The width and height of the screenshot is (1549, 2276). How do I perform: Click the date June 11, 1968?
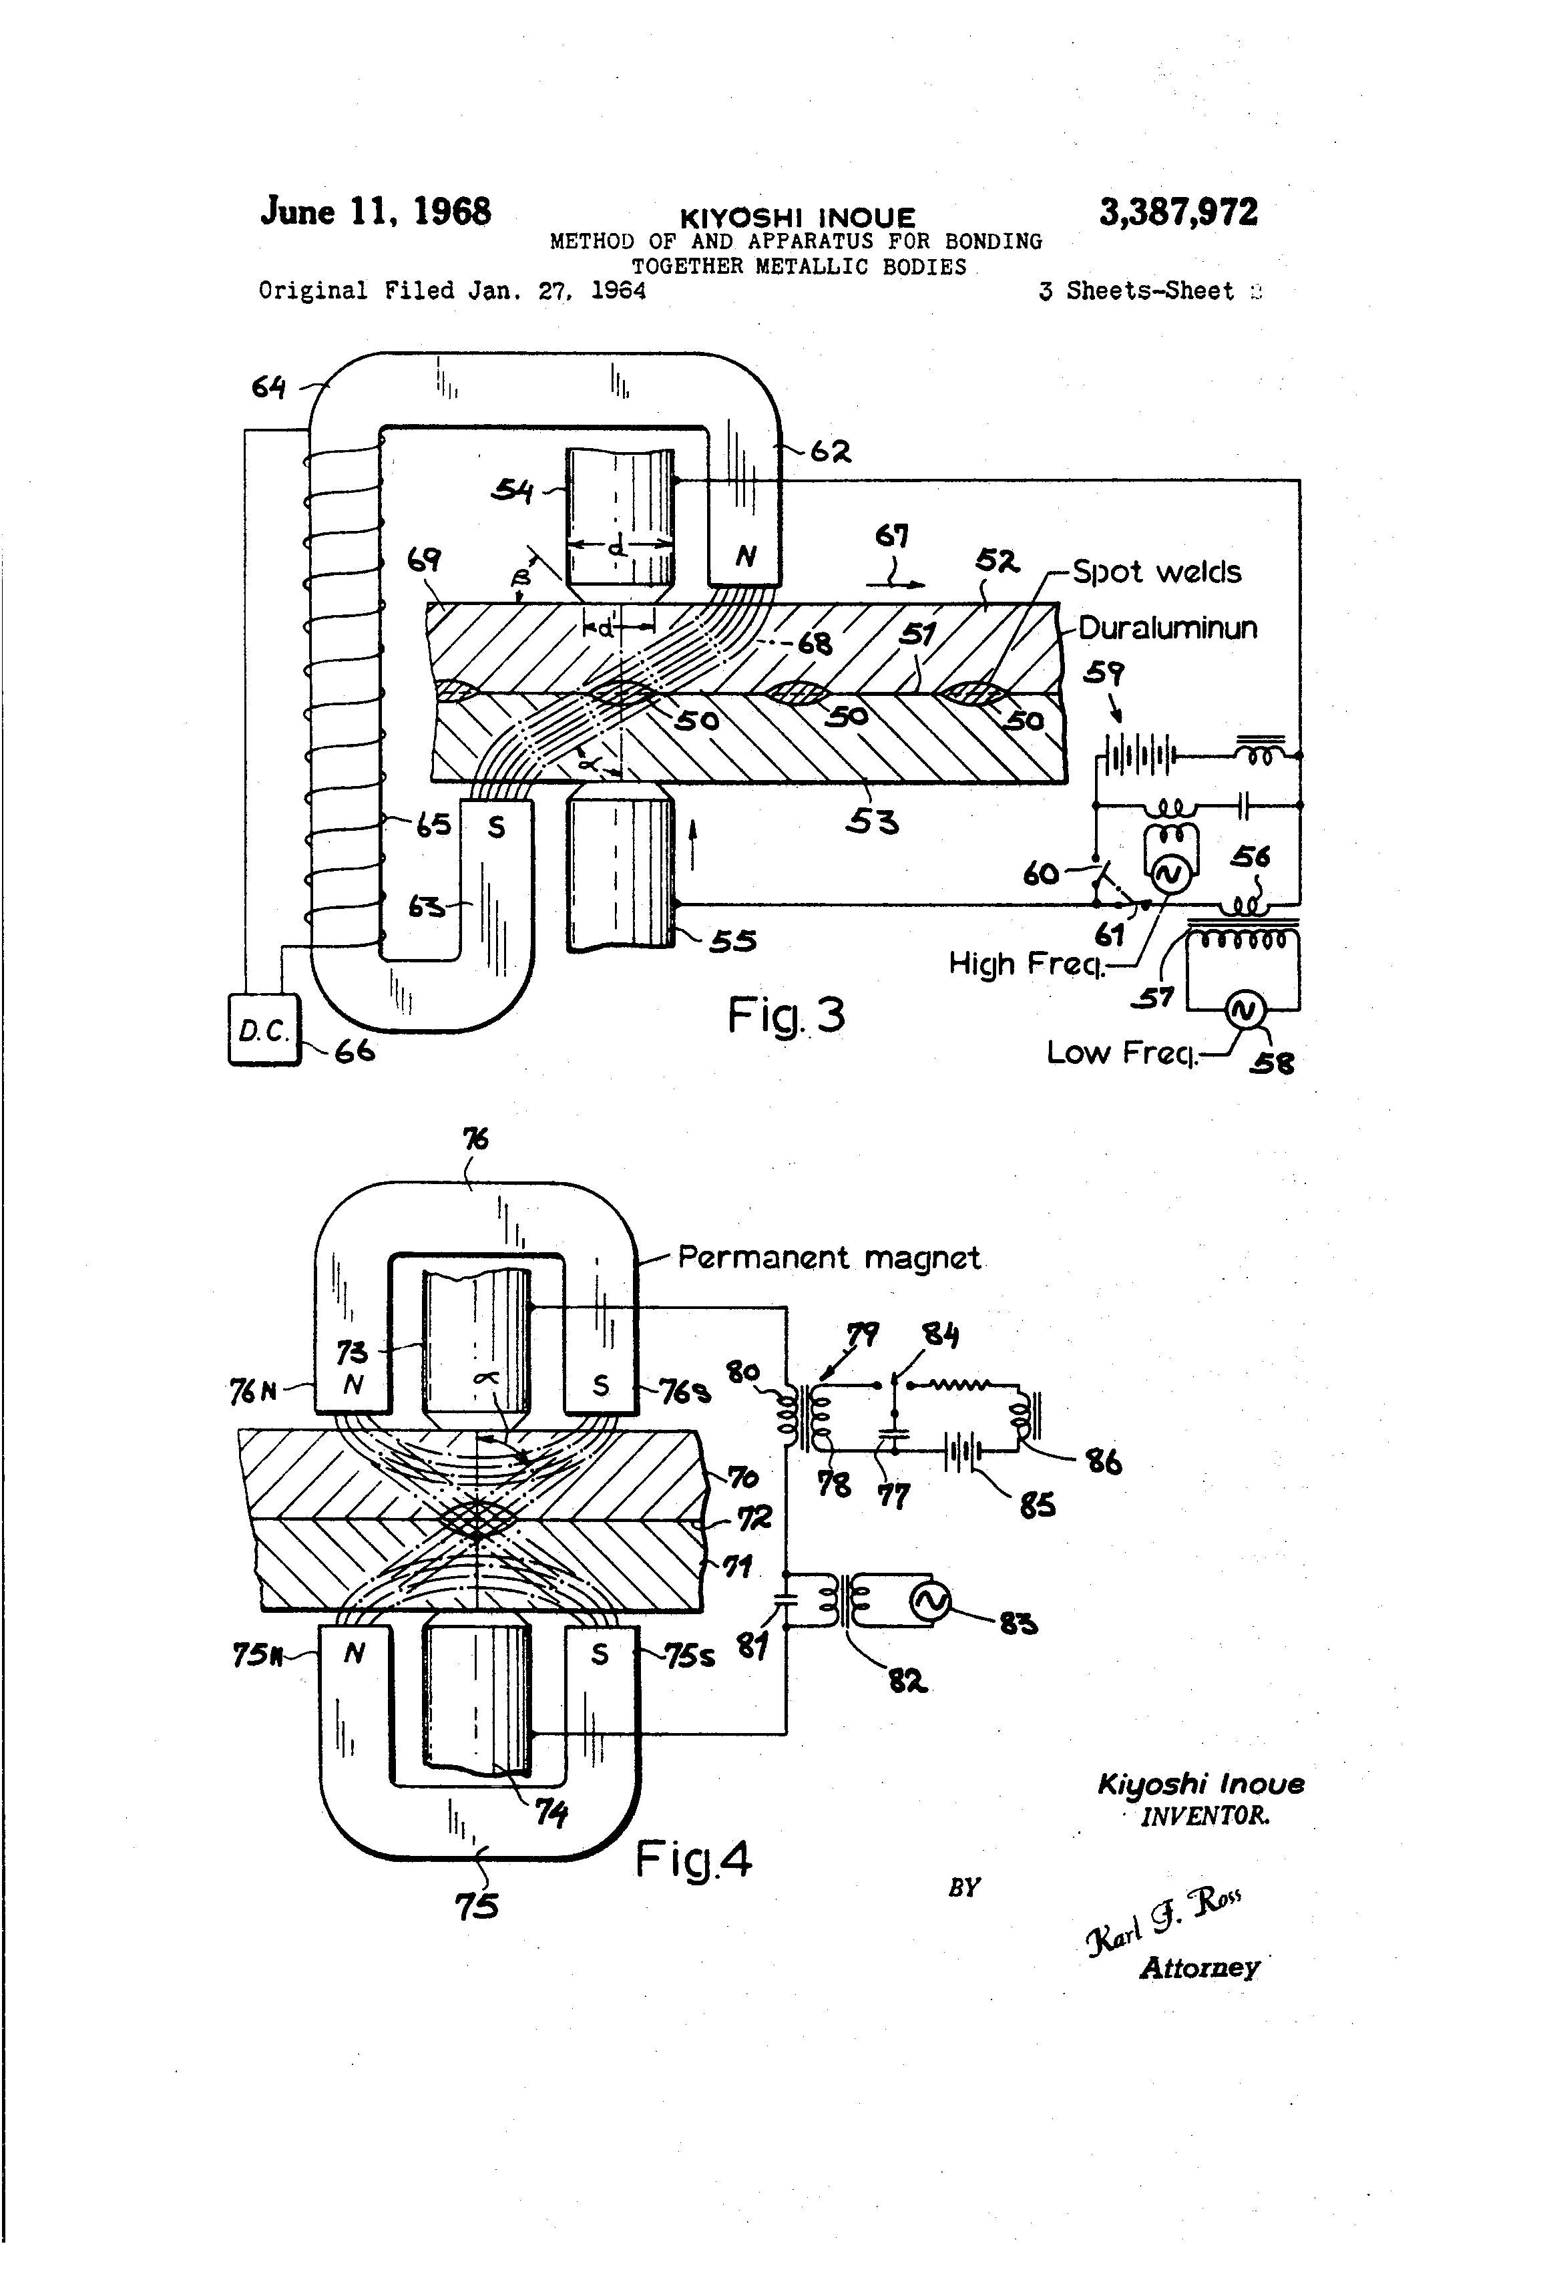click(375, 212)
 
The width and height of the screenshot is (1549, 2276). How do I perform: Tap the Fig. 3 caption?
click(785, 1014)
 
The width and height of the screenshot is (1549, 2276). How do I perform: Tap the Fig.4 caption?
click(693, 1859)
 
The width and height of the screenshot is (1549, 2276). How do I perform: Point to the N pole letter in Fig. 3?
click(746, 557)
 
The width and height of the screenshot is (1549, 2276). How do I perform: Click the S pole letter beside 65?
click(497, 827)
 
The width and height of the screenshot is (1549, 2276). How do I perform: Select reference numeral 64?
click(268, 388)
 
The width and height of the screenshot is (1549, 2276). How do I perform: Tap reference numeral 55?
click(732, 941)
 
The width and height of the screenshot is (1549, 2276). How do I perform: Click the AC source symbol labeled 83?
click(929, 1601)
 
